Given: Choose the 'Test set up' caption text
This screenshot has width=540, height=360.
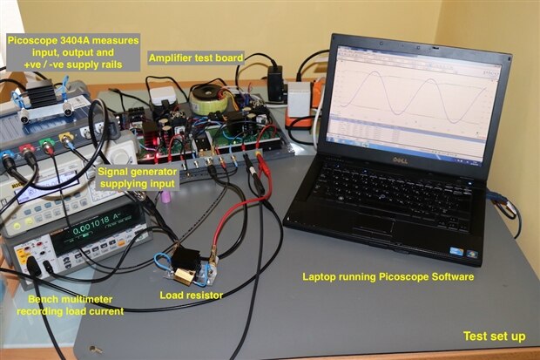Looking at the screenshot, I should click(493, 336).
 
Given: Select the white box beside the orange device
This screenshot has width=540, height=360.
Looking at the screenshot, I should click(299, 98).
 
